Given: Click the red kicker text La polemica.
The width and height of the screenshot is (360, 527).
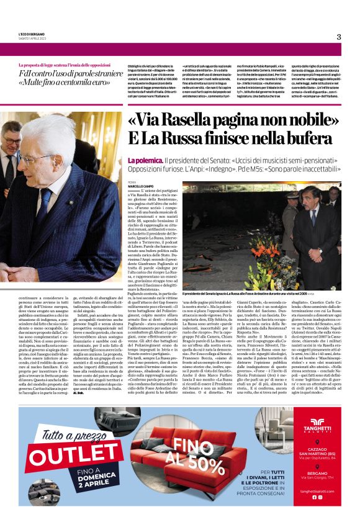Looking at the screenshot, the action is (x=144, y=160).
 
